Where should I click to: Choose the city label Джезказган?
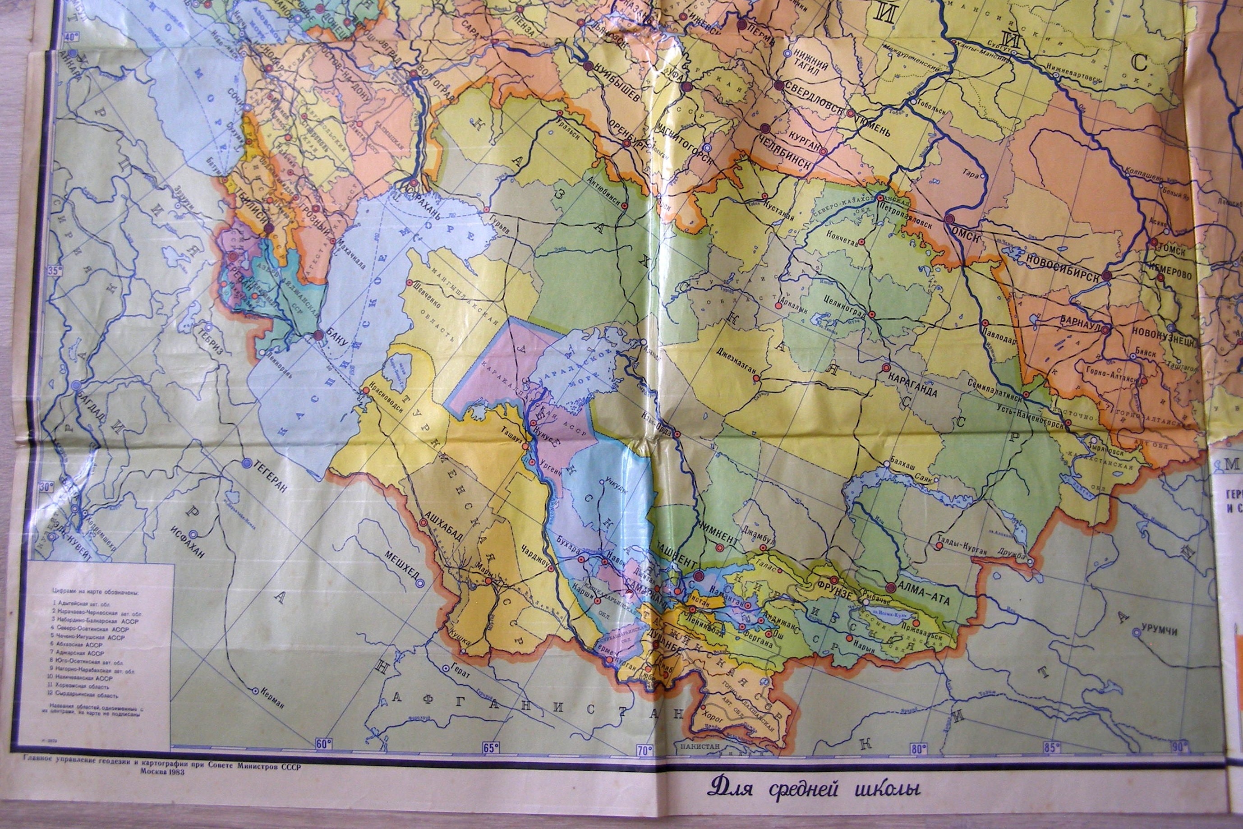tap(737, 363)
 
